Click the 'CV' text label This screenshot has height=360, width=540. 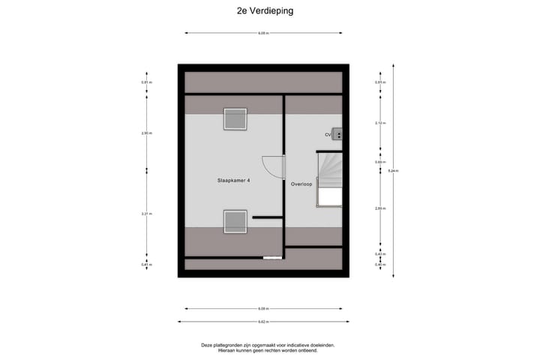point(328,135)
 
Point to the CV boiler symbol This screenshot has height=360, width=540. point(338,135)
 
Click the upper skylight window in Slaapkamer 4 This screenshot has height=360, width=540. point(235,119)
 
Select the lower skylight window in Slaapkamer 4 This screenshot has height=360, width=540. point(235,221)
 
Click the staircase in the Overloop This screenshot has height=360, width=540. point(330,178)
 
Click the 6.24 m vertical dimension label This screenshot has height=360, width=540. point(393,171)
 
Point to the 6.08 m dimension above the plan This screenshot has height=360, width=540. point(263,33)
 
